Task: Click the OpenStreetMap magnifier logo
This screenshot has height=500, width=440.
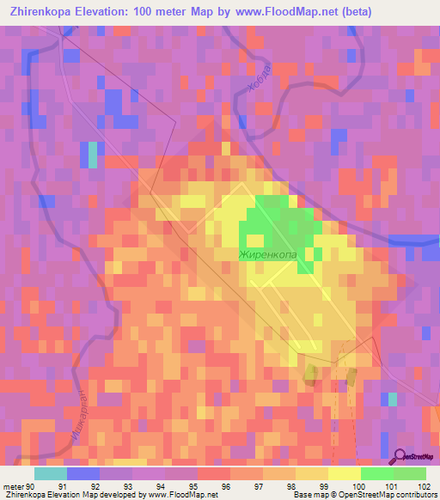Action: [x=399, y=456]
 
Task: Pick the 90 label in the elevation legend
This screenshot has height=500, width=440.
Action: [x=32, y=485]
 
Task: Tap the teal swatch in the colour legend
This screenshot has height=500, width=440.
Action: [x=51, y=473]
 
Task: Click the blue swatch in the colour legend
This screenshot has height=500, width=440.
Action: [x=83, y=473]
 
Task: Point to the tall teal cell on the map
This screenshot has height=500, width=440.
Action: [x=92, y=153]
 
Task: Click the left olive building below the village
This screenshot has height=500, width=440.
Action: [x=310, y=372]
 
